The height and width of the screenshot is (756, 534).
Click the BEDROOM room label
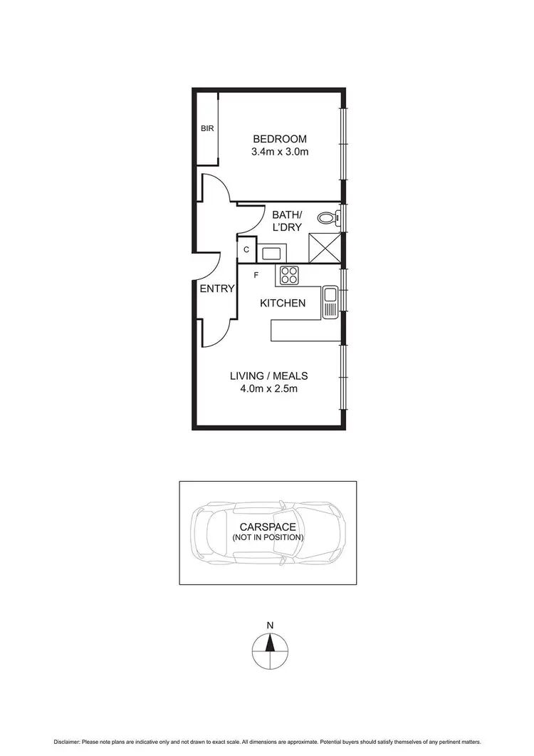(x=279, y=139)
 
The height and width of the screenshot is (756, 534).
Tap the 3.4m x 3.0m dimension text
(x=279, y=152)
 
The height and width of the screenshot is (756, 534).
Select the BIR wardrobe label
(x=207, y=129)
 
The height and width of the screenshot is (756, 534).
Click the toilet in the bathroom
(x=328, y=219)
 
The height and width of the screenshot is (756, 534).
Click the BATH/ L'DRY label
(x=287, y=220)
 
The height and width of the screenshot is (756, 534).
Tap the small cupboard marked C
(x=246, y=250)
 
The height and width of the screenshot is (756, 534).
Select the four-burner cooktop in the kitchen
(x=289, y=275)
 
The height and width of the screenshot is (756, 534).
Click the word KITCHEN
(x=283, y=304)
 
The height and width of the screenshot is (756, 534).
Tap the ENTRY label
(x=216, y=289)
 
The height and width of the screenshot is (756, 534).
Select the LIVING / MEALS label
(x=268, y=376)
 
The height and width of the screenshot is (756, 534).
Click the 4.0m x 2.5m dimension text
(x=268, y=390)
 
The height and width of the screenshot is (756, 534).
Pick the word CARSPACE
(x=268, y=527)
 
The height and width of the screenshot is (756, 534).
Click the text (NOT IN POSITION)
(x=268, y=537)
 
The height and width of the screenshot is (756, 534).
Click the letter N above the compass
(x=270, y=626)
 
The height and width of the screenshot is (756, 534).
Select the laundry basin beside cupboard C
(x=271, y=252)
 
